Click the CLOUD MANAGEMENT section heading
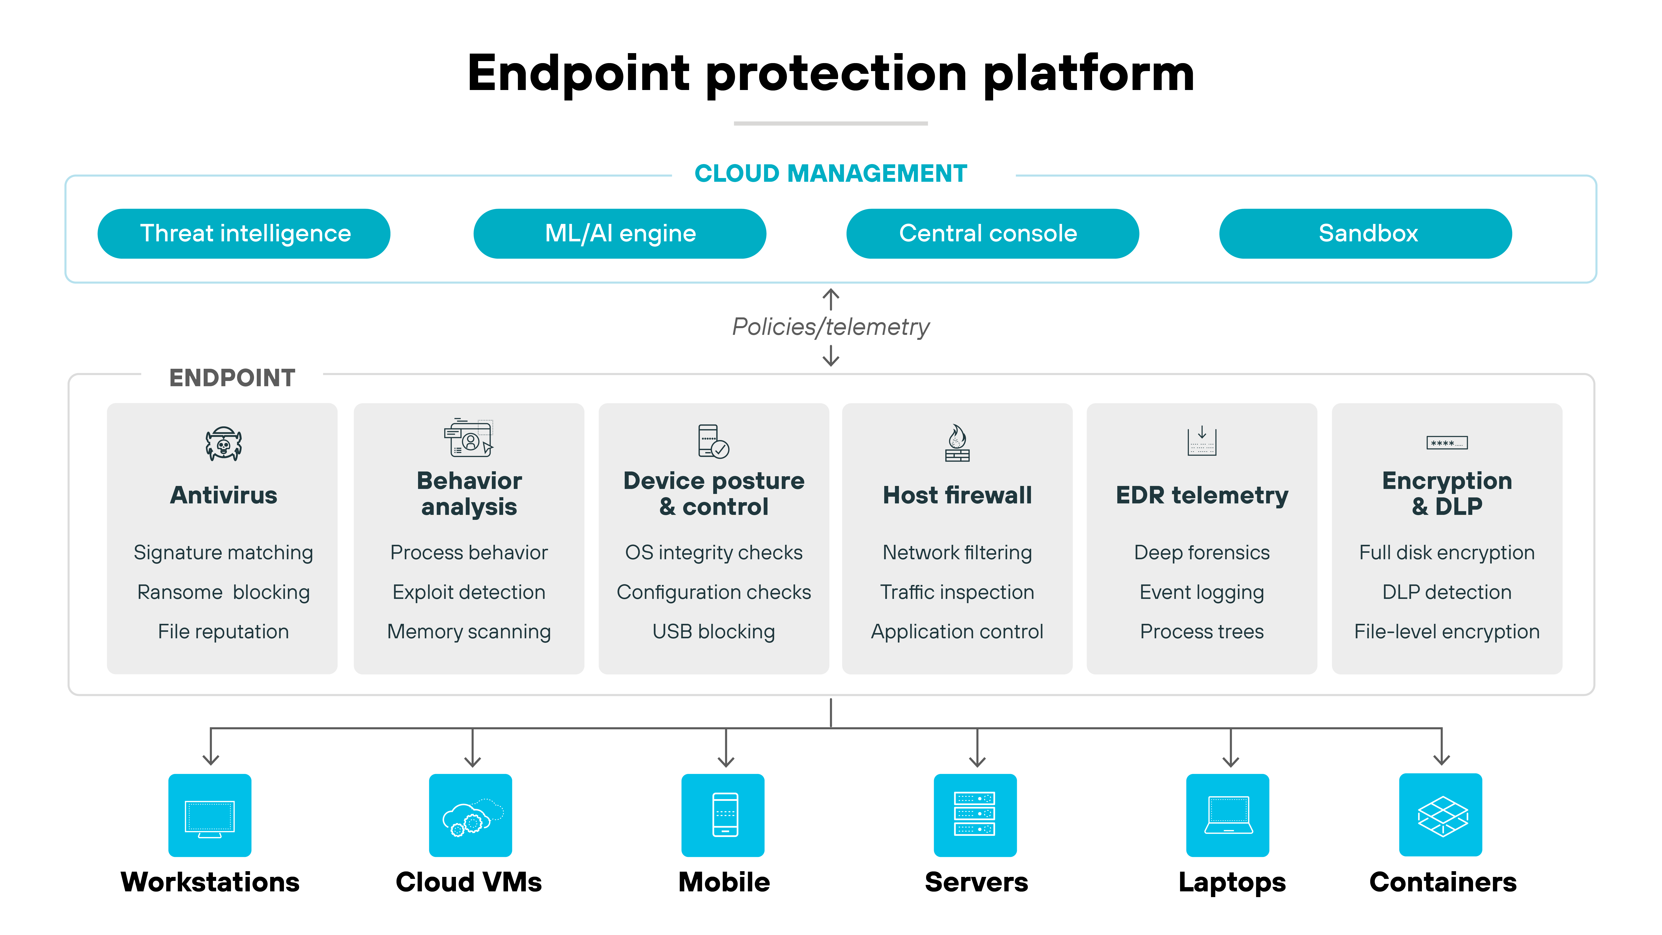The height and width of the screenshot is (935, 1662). click(x=830, y=174)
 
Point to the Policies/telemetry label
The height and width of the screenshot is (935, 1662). click(x=830, y=327)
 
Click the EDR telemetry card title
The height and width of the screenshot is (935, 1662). click(x=1201, y=495)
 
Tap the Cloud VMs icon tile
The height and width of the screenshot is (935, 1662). click(x=470, y=815)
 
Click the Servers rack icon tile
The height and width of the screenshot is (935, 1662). click(x=975, y=815)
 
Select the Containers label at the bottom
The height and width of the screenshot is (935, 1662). click(x=1443, y=882)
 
